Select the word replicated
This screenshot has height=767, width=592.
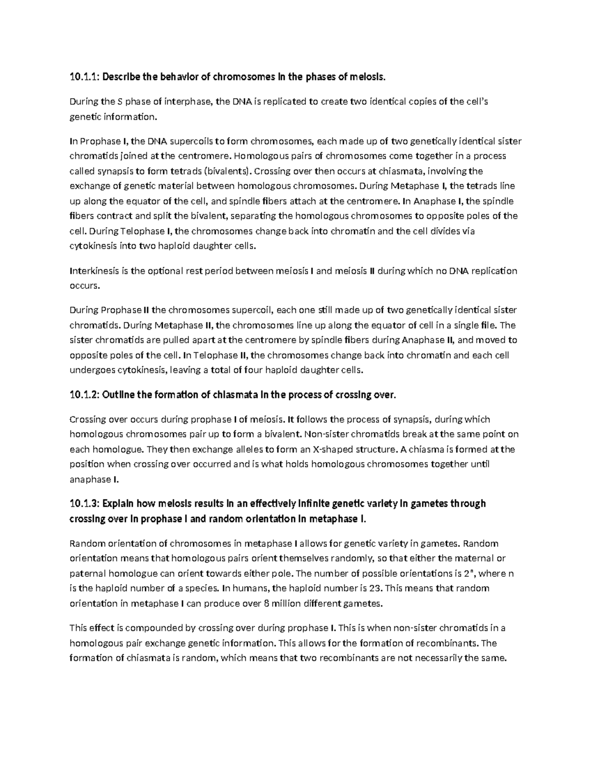[x=287, y=102]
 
